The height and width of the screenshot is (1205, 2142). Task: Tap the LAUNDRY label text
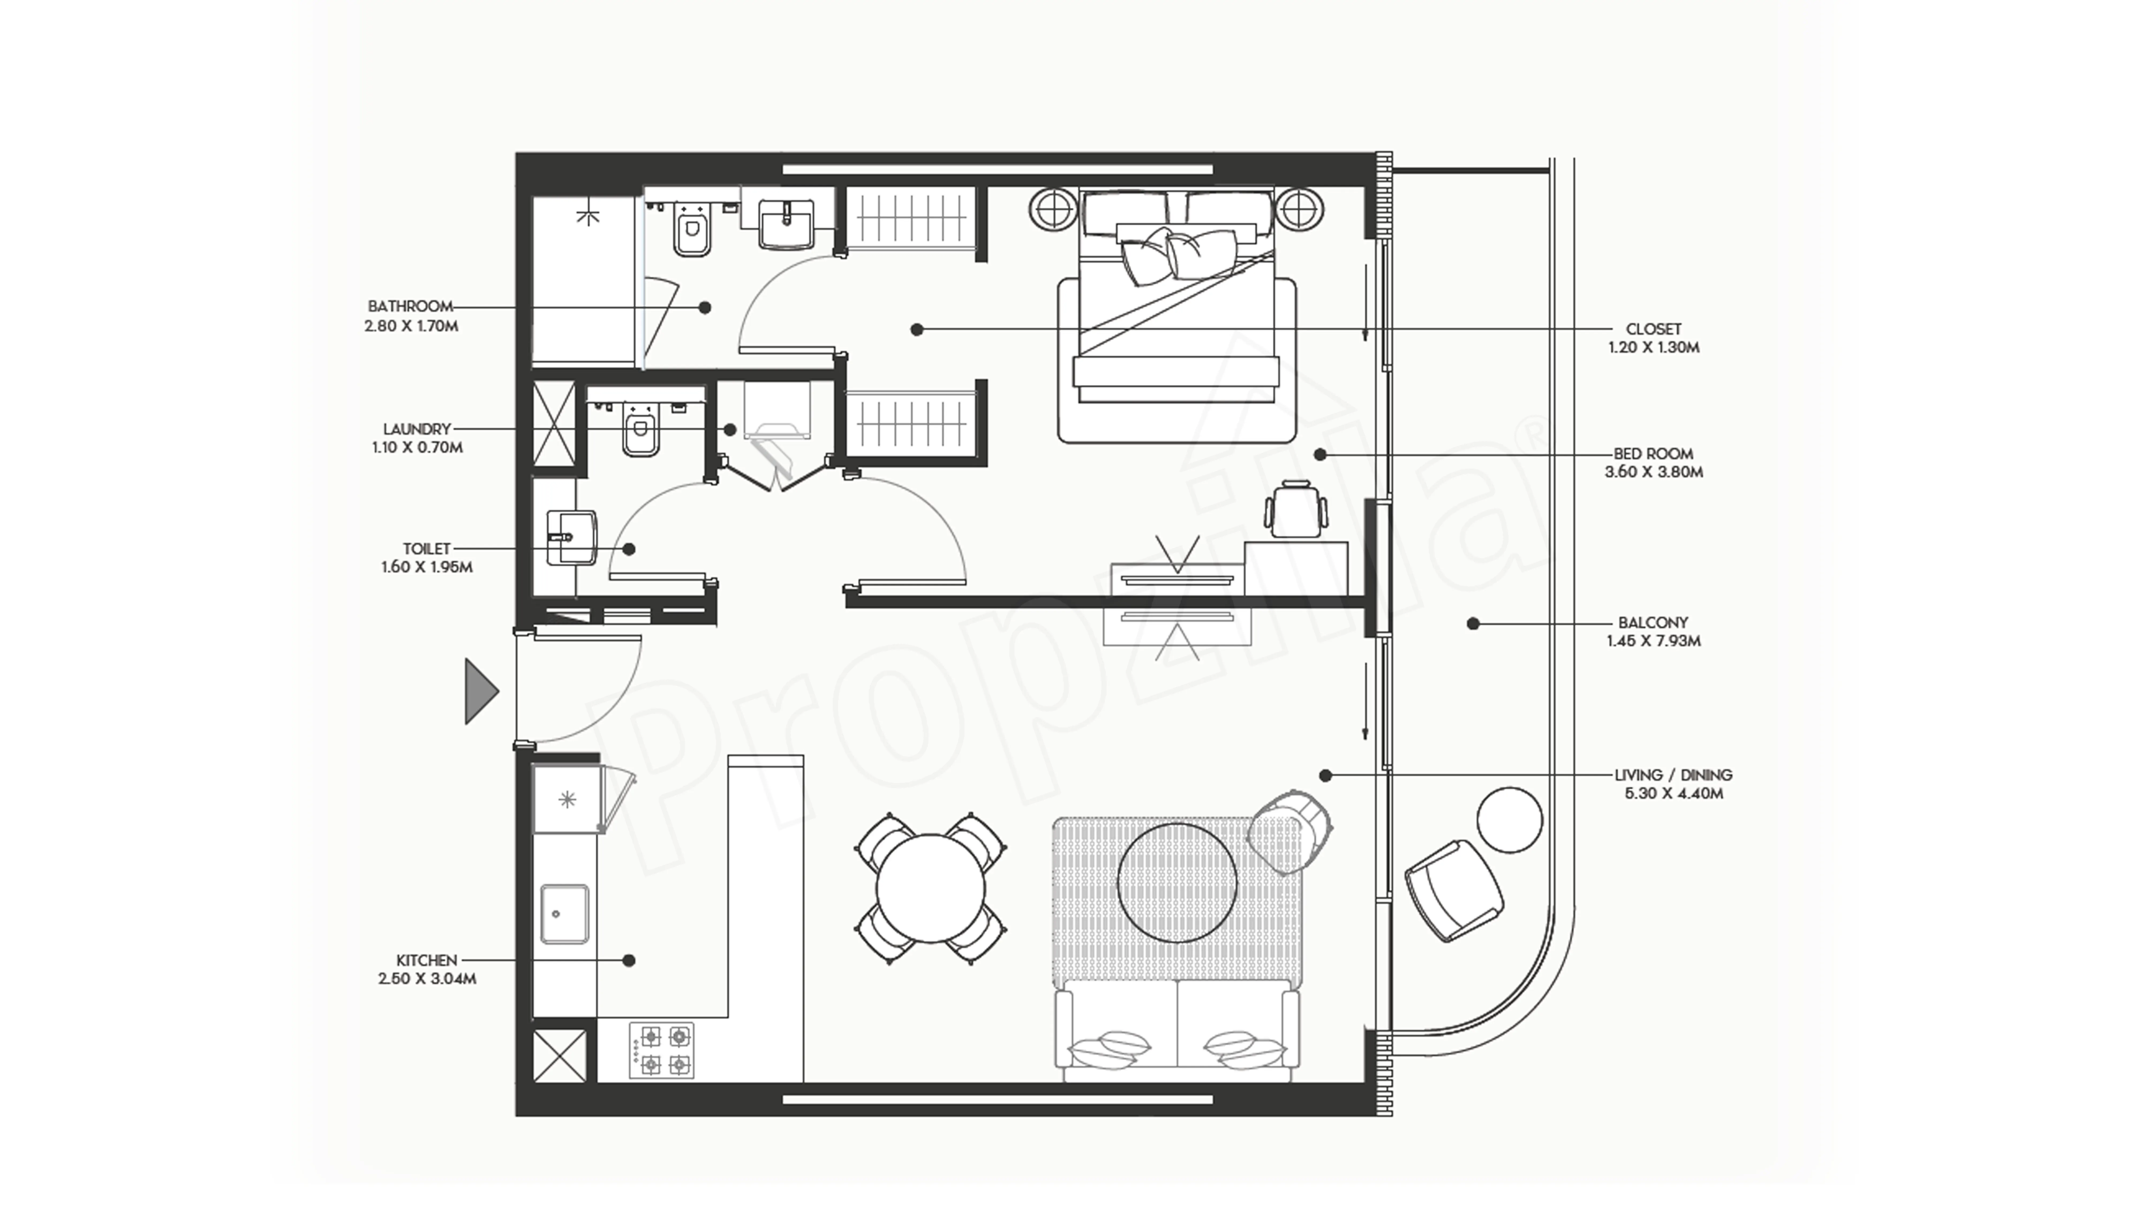coord(417,429)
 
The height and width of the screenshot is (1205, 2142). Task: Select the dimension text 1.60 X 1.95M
coord(427,567)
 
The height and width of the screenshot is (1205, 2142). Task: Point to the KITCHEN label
coord(427,961)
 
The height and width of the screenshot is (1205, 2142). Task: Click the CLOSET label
coord(1653,329)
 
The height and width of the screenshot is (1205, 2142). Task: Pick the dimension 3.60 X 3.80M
coord(1653,472)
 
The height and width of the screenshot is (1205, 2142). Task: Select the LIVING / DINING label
coord(1673,775)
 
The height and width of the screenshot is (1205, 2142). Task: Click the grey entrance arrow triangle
coord(480,691)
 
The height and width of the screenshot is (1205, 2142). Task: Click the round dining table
coord(930,888)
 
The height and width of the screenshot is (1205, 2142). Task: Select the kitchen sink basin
coord(565,914)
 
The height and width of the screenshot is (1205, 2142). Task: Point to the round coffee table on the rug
coord(1176,882)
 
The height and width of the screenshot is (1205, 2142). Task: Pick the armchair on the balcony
coord(1454,891)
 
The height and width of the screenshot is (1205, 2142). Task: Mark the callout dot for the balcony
coord(1473,624)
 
